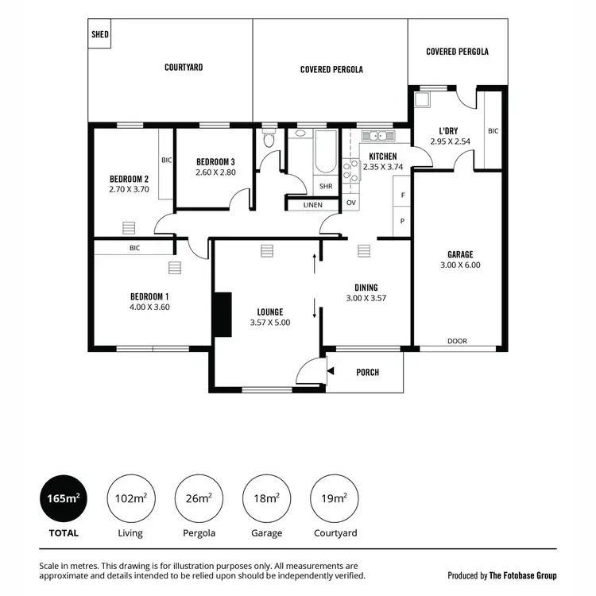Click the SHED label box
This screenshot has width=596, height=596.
click(x=100, y=34)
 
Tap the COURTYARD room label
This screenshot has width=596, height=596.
click(x=184, y=68)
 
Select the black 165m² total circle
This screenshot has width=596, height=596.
click(x=64, y=498)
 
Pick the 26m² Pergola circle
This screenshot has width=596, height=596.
click(x=199, y=498)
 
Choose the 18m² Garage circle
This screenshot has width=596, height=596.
click(x=266, y=498)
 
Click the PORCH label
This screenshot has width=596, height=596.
click(x=367, y=372)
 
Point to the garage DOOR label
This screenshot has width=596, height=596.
click(x=457, y=341)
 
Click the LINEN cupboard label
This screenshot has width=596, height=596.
click(x=313, y=206)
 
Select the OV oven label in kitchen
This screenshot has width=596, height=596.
click(x=351, y=203)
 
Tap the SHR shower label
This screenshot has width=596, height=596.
click(x=326, y=187)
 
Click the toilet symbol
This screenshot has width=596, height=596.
click(x=269, y=141)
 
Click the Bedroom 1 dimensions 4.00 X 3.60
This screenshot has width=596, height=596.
click(x=150, y=307)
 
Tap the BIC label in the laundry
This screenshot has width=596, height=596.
click(x=493, y=131)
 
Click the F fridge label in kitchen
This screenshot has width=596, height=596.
click(x=403, y=195)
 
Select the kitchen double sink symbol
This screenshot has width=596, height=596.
click(x=373, y=136)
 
